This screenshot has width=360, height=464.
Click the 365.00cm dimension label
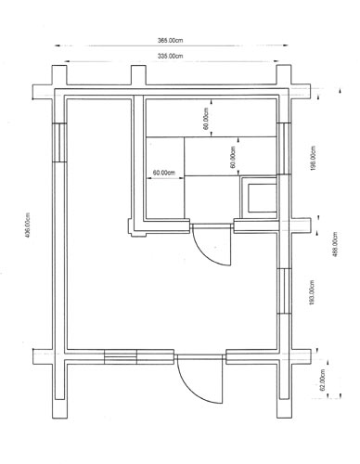[170, 40]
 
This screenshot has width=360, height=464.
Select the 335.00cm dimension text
[170, 56]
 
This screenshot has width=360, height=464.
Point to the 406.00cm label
[28, 225]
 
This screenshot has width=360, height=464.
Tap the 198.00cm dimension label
[313, 158]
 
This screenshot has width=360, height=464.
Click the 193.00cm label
[312, 293]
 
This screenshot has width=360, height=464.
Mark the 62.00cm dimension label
[324, 380]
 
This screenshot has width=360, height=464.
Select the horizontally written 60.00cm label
[164, 173]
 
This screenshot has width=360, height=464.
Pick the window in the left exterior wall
[59, 143]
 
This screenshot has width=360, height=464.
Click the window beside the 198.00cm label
[284, 148]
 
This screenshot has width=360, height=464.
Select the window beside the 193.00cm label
[284, 290]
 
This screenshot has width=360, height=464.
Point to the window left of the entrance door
[121, 356]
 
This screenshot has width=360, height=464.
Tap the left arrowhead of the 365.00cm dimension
[57, 45]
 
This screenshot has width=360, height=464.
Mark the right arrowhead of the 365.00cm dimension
[285, 45]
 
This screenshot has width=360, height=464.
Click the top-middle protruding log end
[138, 75]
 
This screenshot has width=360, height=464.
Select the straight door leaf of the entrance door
[223, 379]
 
